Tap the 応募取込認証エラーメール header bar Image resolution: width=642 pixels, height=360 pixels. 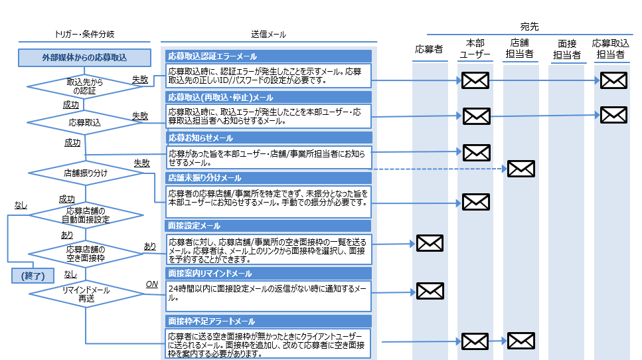tap(268, 56)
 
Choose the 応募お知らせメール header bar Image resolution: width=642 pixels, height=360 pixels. tap(268, 138)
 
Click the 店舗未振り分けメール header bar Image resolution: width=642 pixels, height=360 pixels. tap(268, 178)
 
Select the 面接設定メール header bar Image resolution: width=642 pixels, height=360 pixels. tap(268, 226)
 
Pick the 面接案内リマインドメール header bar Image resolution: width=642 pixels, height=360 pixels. tap(268, 273)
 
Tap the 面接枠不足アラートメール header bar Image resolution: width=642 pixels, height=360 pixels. tap(268, 321)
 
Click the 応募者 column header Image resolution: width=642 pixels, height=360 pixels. tap(429, 48)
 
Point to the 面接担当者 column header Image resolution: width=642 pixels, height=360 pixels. tap(566, 48)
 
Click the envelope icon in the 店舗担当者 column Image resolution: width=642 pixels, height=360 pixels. tap(521, 169)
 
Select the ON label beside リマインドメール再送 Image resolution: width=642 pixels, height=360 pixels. tap(151, 285)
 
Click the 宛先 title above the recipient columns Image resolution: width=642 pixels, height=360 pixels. tap(529, 27)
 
